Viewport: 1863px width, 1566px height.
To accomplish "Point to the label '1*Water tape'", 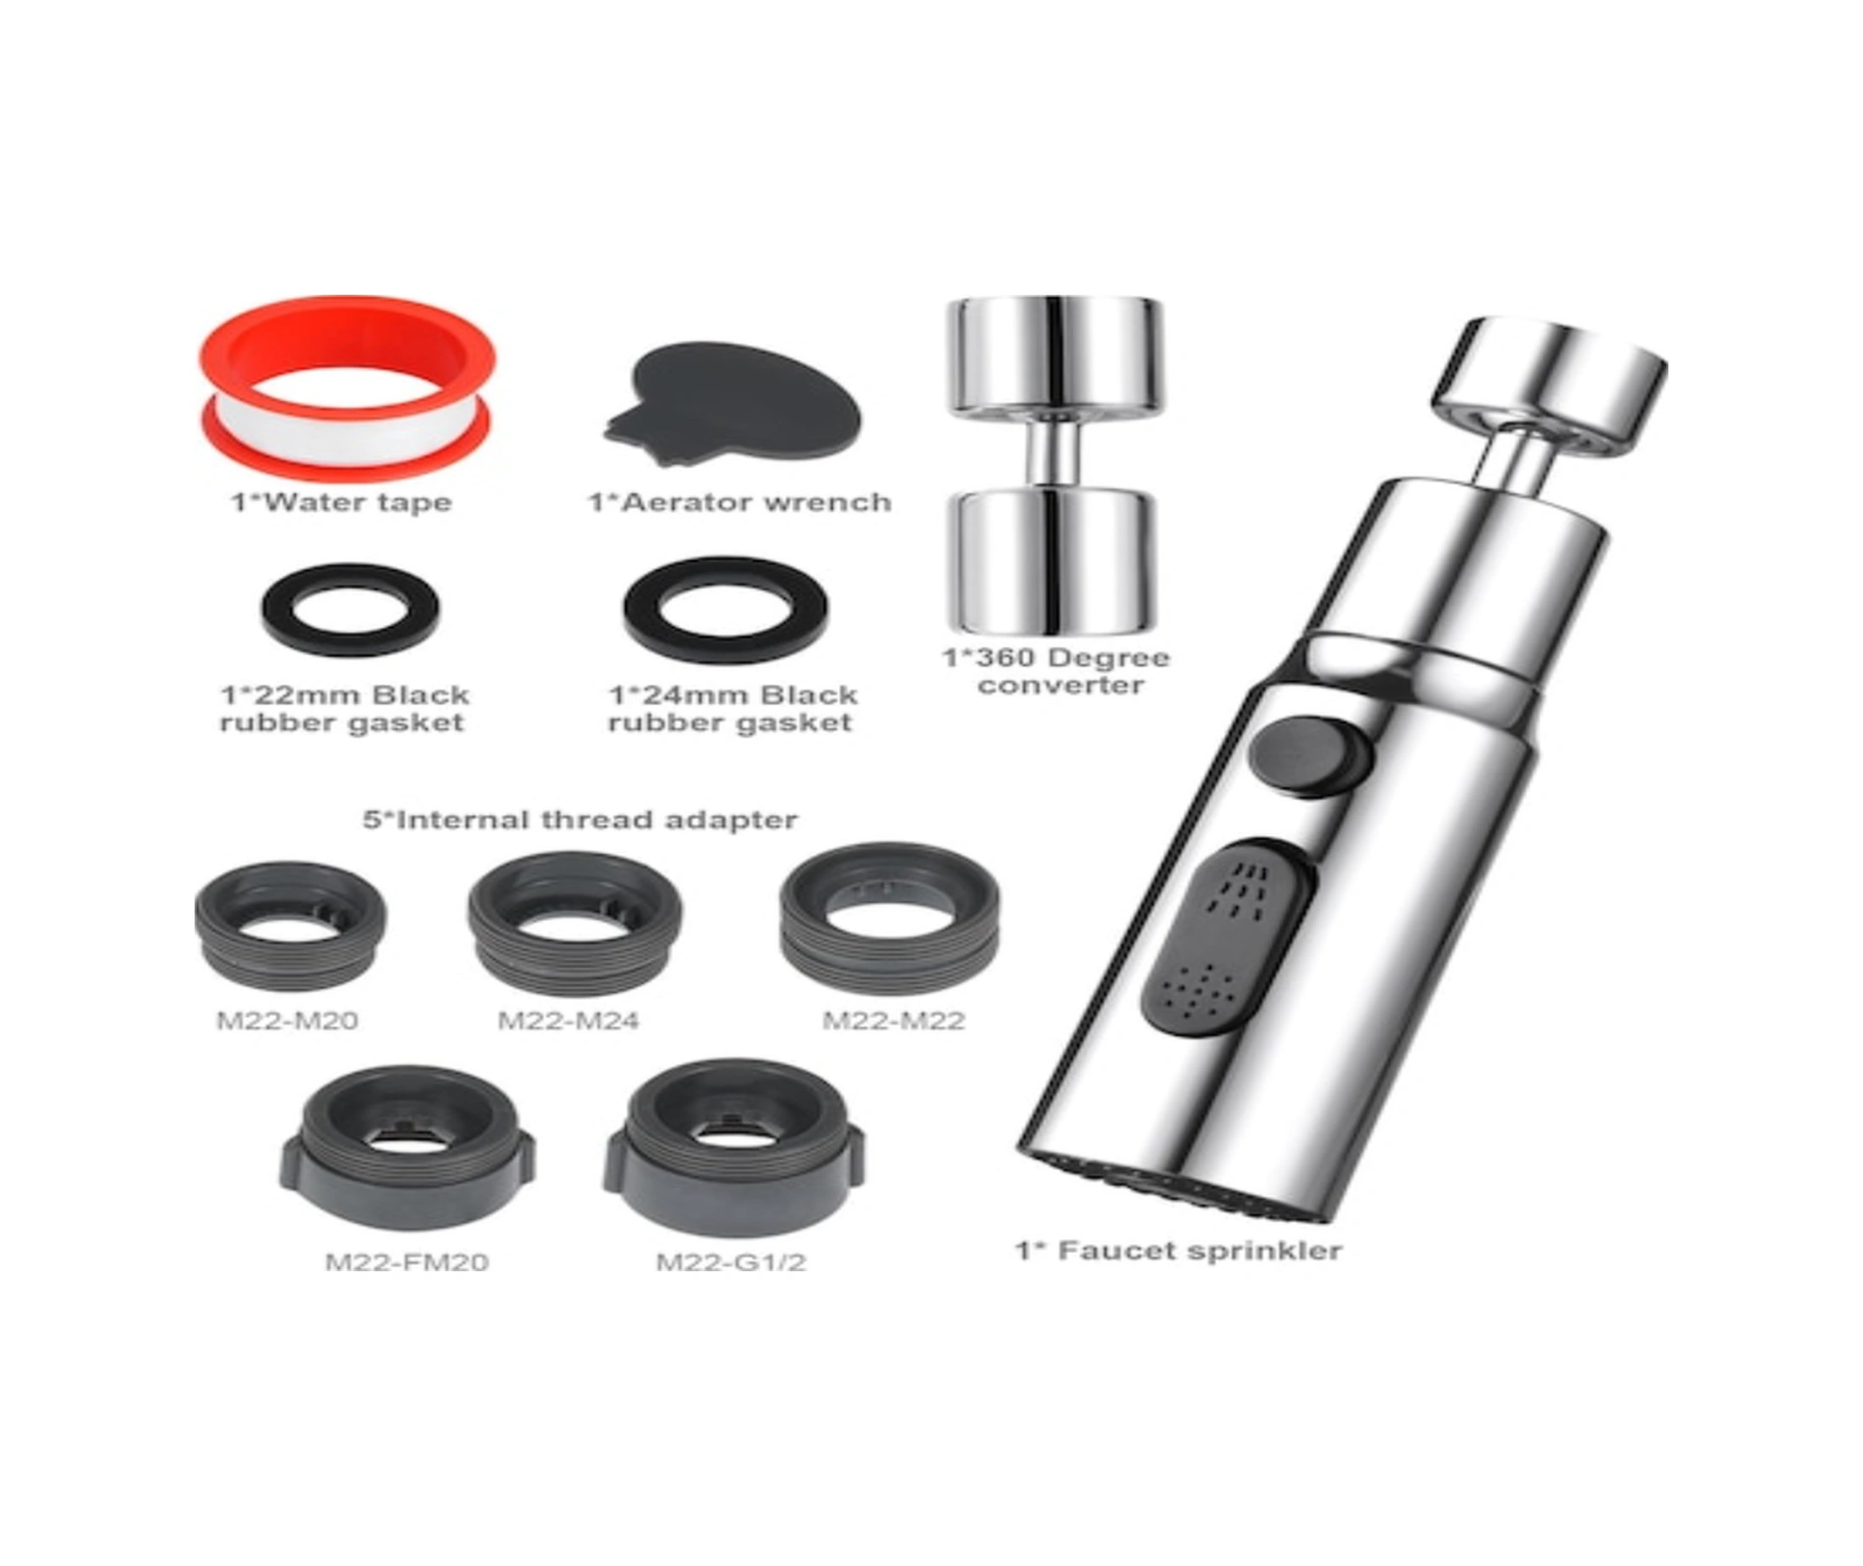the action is point(342,502).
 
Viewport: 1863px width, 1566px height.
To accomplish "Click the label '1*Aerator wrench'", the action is point(740,502).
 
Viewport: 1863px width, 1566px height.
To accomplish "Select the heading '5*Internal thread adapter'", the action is point(580,819).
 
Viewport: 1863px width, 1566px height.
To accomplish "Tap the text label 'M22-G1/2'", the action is point(731,1261).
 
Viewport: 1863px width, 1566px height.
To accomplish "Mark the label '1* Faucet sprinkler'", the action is point(1178,1251).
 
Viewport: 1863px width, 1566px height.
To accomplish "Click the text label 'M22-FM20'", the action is point(407,1261).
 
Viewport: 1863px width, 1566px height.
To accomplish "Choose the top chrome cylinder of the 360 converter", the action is point(1053,355).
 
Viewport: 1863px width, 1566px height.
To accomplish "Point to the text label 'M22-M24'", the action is point(568,1021).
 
